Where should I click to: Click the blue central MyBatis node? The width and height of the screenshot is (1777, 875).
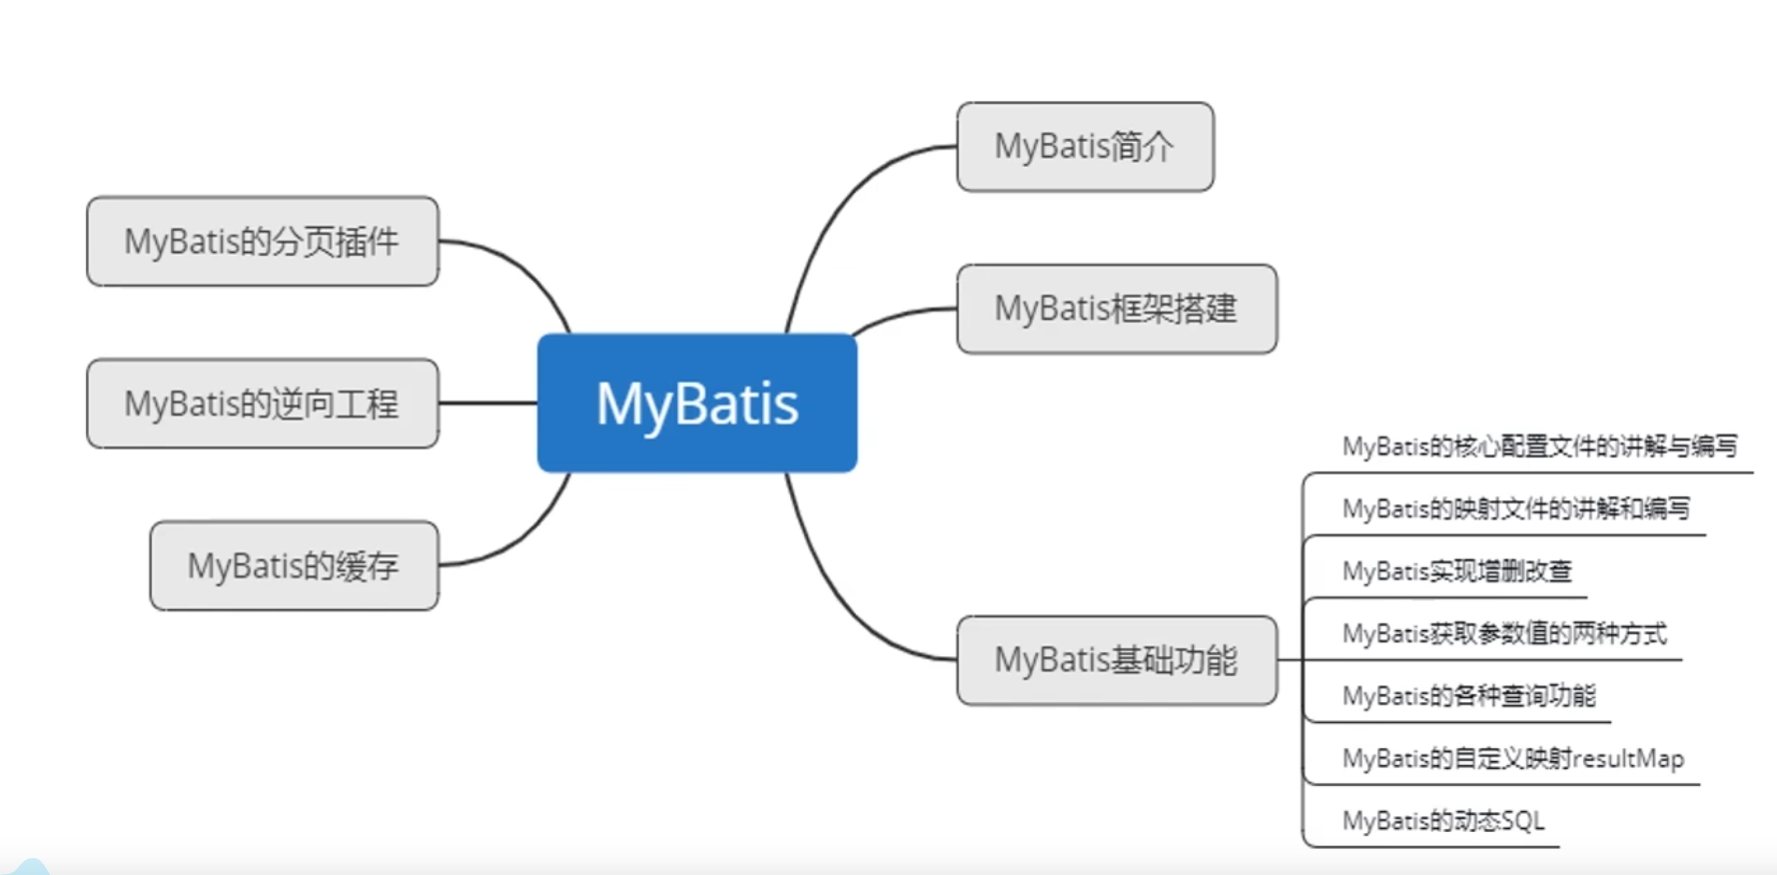pos(696,403)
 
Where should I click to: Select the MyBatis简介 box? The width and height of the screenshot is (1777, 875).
pos(1085,147)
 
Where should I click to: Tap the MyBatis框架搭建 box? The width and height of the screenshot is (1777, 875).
pos(1116,309)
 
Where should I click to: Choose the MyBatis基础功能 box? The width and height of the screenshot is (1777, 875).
pos(1116,660)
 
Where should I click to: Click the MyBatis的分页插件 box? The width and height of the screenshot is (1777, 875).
pos(262,241)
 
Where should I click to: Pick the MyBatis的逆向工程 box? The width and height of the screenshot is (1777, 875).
pos(262,404)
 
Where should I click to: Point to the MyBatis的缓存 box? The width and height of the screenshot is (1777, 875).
pos(294,565)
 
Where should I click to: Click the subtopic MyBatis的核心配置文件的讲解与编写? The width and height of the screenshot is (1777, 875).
pos(1539,446)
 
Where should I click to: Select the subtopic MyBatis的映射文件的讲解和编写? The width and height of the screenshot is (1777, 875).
pos(1515,509)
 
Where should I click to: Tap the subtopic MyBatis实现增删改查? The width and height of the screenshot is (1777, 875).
pos(1456,571)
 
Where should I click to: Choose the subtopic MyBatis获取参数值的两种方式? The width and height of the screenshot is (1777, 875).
pos(1503,633)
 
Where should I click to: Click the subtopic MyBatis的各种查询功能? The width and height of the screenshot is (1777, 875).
pos(1468,696)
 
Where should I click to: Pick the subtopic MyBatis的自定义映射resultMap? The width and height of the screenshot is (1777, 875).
pos(1512,759)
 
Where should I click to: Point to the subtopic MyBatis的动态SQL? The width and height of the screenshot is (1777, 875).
pos(1442,821)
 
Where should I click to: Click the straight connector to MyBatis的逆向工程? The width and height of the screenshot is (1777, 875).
pos(487,403)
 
